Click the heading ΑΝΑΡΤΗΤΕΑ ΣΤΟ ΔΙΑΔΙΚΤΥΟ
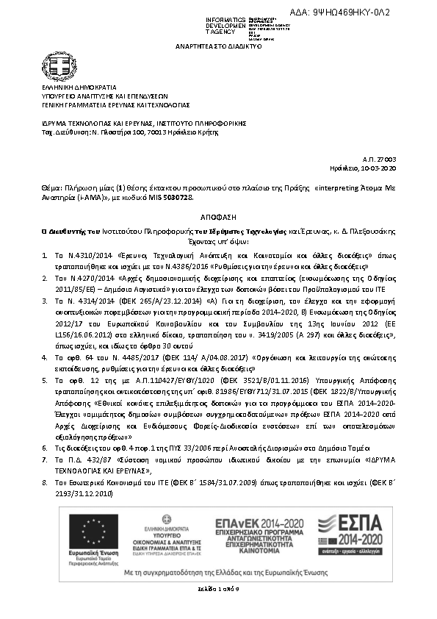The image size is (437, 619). pyautogui.click(x=218, y=46)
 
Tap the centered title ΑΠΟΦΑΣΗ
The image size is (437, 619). pyautogui.click(x=218, y=219)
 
